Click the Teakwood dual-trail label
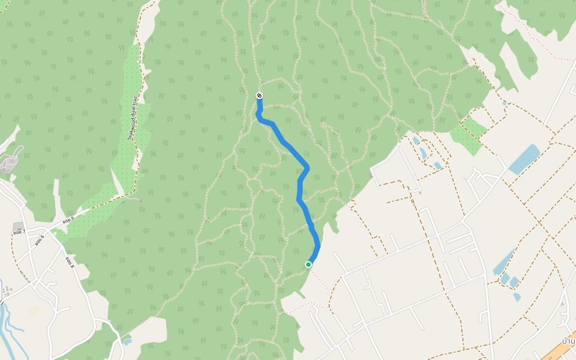pyautogui.click(x=133, y=118)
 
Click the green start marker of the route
pyautogui.click(x=308, y=265)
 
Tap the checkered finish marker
pyautogui.click(x=259, y=95)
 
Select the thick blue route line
pyautogui.click(x=299, y=192)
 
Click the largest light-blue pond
pyautogui.click(x=524, y=158)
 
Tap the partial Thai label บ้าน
pyautogui.click(x=568, y=340)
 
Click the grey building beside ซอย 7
pyautogui.click(x=18, y=226)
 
